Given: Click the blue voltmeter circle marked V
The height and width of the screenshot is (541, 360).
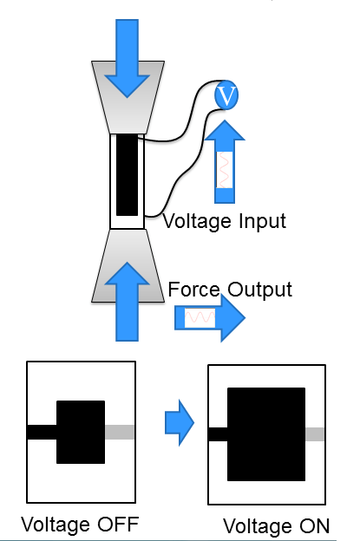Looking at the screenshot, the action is (x=226, y=95).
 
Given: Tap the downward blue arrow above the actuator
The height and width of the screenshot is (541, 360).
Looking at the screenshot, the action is (x=127, y=59).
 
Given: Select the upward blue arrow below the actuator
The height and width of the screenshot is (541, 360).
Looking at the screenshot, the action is (x=127, y=302).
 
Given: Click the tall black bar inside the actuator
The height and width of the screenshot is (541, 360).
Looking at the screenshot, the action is (x=127, y=175).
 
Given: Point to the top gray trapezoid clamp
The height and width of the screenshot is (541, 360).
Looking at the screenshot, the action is (x=128, y=97).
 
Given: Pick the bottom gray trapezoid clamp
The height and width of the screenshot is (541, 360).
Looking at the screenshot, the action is (x=128, y=265).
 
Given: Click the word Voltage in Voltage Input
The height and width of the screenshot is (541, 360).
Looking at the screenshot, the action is (x=197, y=222).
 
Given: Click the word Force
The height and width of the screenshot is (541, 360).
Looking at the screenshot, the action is (x=194, y=289).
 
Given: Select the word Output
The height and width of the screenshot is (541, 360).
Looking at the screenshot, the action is (x=260, y=290).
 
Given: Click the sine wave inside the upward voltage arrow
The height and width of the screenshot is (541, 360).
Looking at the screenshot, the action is (x=225, y=170).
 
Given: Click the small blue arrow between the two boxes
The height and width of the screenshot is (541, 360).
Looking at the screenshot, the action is (x=180, y=423).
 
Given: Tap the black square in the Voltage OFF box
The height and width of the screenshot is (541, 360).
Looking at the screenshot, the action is (x=81, y=432).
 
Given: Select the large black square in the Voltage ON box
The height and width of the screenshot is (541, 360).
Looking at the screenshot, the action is (x=266, y=434).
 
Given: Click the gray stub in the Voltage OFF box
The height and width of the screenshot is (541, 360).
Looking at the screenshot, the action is (x=120, y=432).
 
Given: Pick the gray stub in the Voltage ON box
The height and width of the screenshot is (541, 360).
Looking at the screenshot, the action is (x=315, y=434).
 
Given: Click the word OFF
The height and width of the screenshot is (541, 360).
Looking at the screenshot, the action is (x=118, y=524).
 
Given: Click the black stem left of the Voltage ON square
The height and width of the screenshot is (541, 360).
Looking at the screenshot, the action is (x=218, y=434).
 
